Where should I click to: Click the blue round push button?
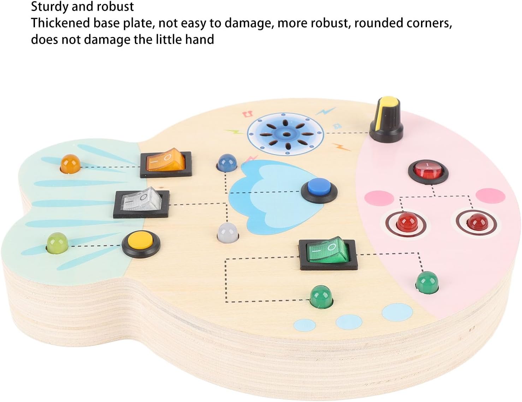[x=319, y=190]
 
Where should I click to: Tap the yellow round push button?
[x=141, y=243]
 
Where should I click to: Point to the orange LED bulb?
[x=70, y=163]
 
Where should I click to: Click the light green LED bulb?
[x=58, y=242]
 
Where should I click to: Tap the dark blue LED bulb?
[x=226, y=163]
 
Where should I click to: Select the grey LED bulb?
[x=228, y=232]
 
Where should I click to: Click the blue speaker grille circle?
[x=286, y=134]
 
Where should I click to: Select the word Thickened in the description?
[x=60, y=23]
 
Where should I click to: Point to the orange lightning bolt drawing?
[x=342, y=147]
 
